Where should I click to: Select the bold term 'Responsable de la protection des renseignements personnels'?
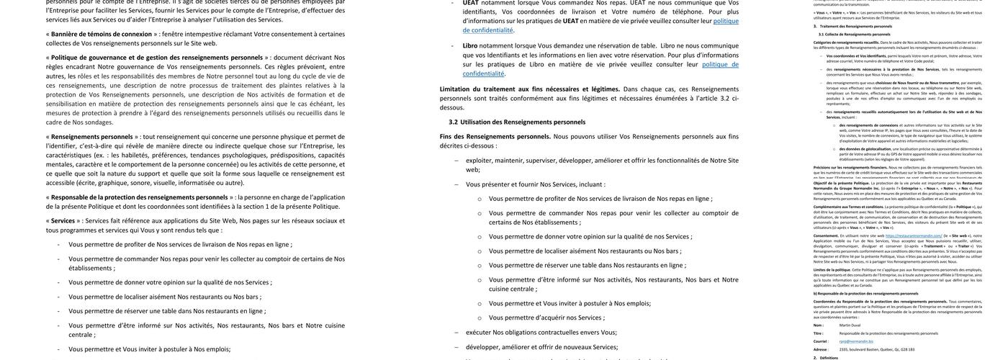(140, 197)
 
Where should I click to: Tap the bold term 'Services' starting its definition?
(63, 221)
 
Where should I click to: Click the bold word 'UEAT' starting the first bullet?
(471, 3)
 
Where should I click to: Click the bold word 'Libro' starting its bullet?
(470, 45)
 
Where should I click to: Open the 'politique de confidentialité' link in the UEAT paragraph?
(488, 30)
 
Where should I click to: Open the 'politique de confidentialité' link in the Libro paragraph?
(483, 73)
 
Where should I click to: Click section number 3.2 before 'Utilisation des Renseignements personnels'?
(454, 122)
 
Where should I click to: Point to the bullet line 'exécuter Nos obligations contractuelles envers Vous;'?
(541, 333)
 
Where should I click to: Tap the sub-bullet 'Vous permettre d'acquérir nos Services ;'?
(554, 318)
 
